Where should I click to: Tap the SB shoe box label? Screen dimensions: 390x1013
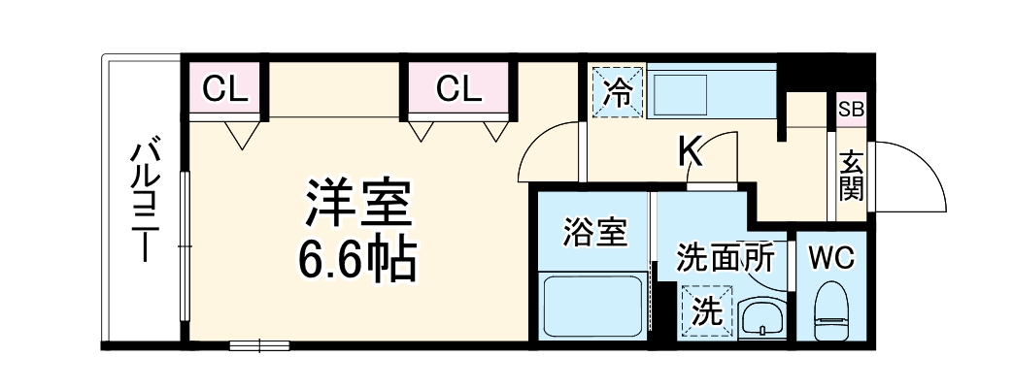(851, 109)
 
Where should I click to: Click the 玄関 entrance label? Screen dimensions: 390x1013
(852, 175)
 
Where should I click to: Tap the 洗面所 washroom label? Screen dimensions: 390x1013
(725, 258)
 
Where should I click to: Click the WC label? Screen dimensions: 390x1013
(831, 258)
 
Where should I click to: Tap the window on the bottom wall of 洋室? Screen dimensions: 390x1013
(259, 344)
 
